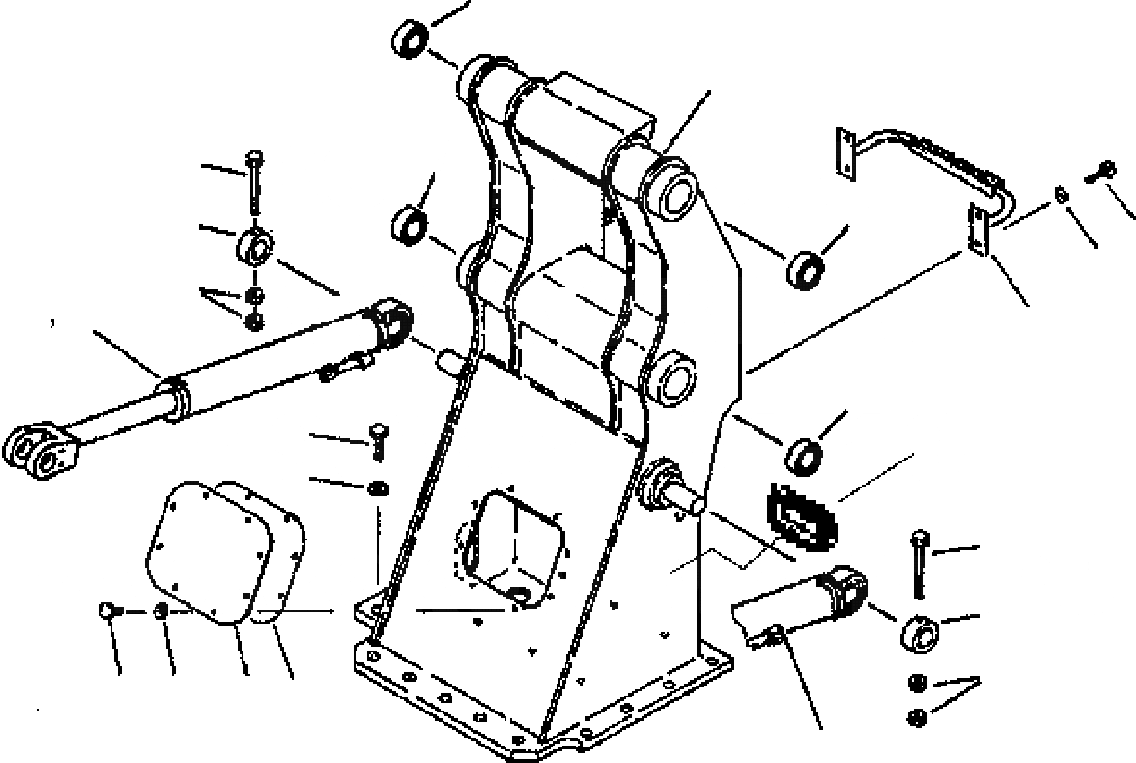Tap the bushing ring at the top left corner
(409, 38)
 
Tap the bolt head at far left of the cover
(107, 611)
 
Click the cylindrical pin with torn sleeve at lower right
(806, 604)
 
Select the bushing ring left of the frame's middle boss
(410, 224)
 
